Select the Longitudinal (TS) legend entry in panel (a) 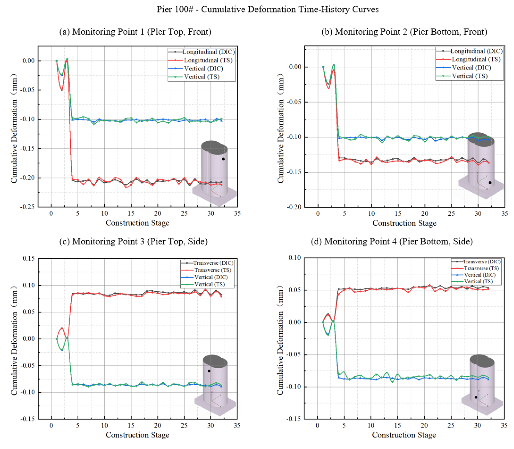click(x=208, y=60)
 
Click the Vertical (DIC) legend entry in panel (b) click(x=471, y=68)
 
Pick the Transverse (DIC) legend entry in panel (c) click(x=213, y=263)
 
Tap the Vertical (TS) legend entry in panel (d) click(x=478, y=281)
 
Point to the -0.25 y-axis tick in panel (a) click(x=27, y=207)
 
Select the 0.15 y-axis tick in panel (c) click(x=29, y=258)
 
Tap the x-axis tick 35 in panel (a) click(x=237, y=213)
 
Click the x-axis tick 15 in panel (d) click(x=397, y=425)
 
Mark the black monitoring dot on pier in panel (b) click(x=490, y=183)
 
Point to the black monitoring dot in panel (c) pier click(x=209, y=371)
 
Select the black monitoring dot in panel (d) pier click(x=476, y=397)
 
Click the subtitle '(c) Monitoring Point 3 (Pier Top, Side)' click(x=133, y=241)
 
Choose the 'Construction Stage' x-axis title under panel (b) click(x=404, y=223)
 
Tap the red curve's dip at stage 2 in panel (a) click(x=62, y=90)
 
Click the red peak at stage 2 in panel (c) click(x=62, y=328)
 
